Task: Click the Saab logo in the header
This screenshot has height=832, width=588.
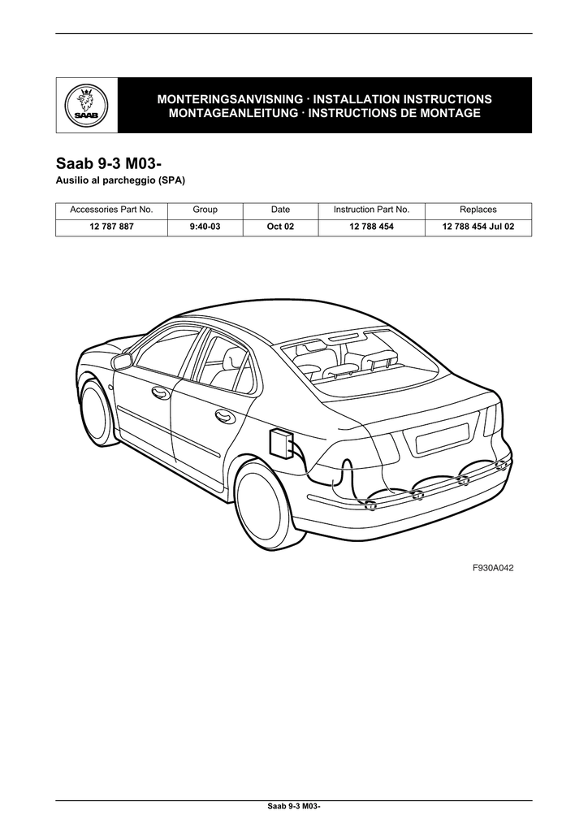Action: tap(86, 106)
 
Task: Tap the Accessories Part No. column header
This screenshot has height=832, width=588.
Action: tap(111, 210)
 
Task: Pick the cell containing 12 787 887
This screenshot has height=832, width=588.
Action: tap(111, 227)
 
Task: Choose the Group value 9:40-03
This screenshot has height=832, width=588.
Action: tap(205, 227)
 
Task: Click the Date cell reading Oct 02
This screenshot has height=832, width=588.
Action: tap(279, 227)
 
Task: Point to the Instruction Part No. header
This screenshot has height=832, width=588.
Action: tap(371, 210)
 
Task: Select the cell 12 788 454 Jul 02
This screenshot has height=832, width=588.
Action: tap(478, 227)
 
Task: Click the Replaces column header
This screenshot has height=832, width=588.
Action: tap(478, 210)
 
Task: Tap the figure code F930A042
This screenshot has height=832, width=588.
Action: tap(493, 568)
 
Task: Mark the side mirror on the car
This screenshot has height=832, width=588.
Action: tap(123, 362)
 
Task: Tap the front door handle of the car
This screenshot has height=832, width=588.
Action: tap(160, 393)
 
